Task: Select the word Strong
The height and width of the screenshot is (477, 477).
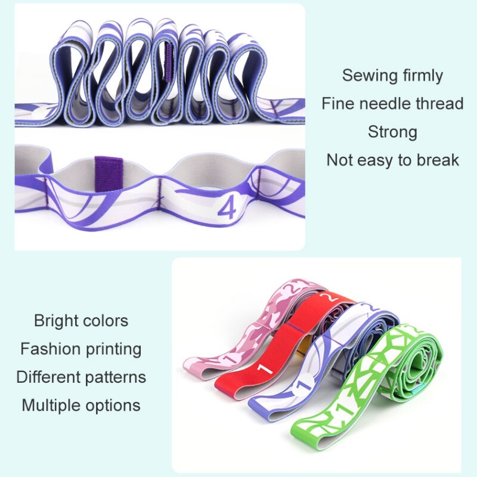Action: point(392,132)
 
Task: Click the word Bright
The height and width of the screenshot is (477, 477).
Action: point(55,321)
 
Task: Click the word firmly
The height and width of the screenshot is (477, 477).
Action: point(422,76)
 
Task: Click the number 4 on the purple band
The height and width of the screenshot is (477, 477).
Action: point(227,209)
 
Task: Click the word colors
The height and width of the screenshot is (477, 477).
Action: point(107,321)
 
